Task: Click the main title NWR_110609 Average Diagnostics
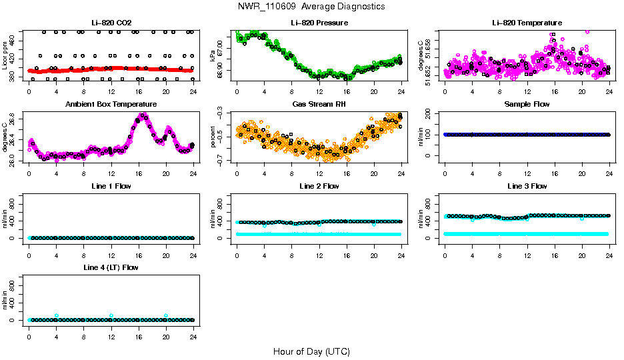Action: pyautogui.click(x=311, y=7)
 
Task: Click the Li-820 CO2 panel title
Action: pyautogui.click(x=111, y=23)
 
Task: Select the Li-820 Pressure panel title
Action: pyautogui.click(x=319, y=23)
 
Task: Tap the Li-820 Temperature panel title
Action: pyautogui.click(x=527, y=23)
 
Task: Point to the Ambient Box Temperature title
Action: pyautogui.click(x=111, y=105)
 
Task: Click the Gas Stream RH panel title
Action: pyautogui.click(x=319, y=105)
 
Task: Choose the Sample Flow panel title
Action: pyautogui.click(x=527, y=105)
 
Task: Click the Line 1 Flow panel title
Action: pyautogui.click(x=111, y=186)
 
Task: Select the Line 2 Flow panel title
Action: pyautogui.click(x=319, y=186)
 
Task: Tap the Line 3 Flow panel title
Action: pyautogui.click(x=527, y=186)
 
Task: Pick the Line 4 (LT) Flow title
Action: pyautogui.click(x=111, y=267)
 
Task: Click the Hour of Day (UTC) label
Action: pyautogui.click(x=311, y=351)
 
